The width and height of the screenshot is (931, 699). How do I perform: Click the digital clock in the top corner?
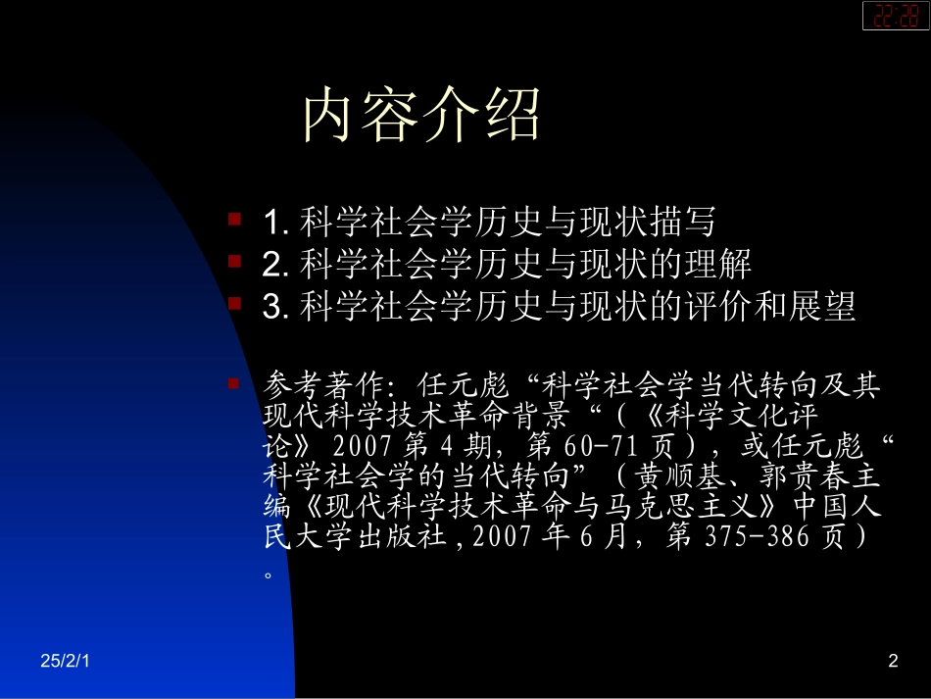coord(896,16)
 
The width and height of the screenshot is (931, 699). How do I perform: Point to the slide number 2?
coord(892,662)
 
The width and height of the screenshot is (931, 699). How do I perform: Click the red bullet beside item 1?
coord(235,218)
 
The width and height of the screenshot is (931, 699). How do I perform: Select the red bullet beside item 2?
coord(235,261)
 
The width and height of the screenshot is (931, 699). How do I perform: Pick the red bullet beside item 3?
coord(235,304)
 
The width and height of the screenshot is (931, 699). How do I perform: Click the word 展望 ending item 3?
coord(824,307)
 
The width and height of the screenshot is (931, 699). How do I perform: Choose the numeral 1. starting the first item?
coord(274,222)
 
